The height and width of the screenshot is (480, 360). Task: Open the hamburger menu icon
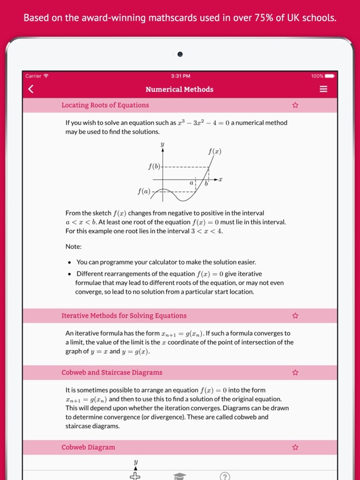click(323, 89)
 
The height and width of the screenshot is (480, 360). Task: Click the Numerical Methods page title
click(179, 89)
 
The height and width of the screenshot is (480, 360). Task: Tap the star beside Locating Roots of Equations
click(295, 106)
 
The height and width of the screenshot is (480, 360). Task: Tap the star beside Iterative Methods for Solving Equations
click(295, 316)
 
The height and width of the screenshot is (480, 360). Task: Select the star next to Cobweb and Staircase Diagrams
click(295, 372)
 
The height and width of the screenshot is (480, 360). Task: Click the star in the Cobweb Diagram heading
click(295, 447)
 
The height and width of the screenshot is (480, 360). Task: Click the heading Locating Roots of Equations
click(105, 106)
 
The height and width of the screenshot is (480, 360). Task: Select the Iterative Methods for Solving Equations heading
click(124, 316)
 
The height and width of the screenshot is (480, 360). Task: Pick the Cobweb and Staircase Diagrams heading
click(112, 372)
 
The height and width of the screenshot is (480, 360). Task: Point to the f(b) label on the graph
click(154, 167)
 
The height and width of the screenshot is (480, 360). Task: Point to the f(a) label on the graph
click(144, 191)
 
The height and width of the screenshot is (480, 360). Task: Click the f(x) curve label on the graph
click(214, 151)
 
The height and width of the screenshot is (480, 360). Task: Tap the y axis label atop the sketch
click(162, 144)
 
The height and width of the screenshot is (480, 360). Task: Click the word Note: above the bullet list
click(74, 246)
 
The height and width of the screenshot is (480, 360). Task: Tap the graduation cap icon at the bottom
click(180, 476)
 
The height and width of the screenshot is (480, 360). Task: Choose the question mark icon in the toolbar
click(225, 476)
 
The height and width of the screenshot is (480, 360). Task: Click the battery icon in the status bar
click(329, 76)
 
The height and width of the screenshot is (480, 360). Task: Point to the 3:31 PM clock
click(180, 76)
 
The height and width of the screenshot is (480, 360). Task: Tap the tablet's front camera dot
click(180, 54)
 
